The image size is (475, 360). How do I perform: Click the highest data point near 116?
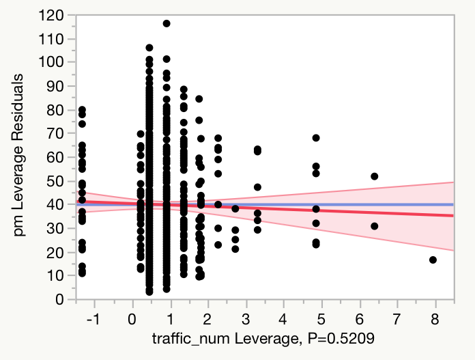(x=167, y=23)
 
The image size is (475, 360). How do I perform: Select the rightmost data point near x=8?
(x=433, y=260)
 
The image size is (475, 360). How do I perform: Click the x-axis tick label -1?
(x=93, y=318)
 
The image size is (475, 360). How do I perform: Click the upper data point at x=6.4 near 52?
(x=374, y=176)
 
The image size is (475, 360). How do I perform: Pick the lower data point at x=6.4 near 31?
(x=374, y=226)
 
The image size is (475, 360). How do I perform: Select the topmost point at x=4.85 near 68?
(x=316, y=138)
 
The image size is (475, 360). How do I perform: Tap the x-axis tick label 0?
(x=132, y=318)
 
